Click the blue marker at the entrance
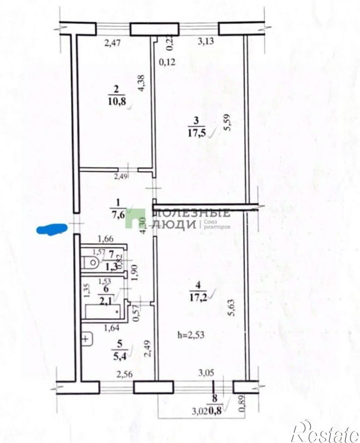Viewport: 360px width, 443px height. click(x=52, y=229)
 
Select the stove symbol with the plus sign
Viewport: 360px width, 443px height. click(x=86, y=339)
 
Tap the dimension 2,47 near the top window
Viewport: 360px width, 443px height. click(x=113, y=43)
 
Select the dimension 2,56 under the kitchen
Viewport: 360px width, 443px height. click(x=125, y=374)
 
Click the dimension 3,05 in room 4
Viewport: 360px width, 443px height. click(x=207, y=372)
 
